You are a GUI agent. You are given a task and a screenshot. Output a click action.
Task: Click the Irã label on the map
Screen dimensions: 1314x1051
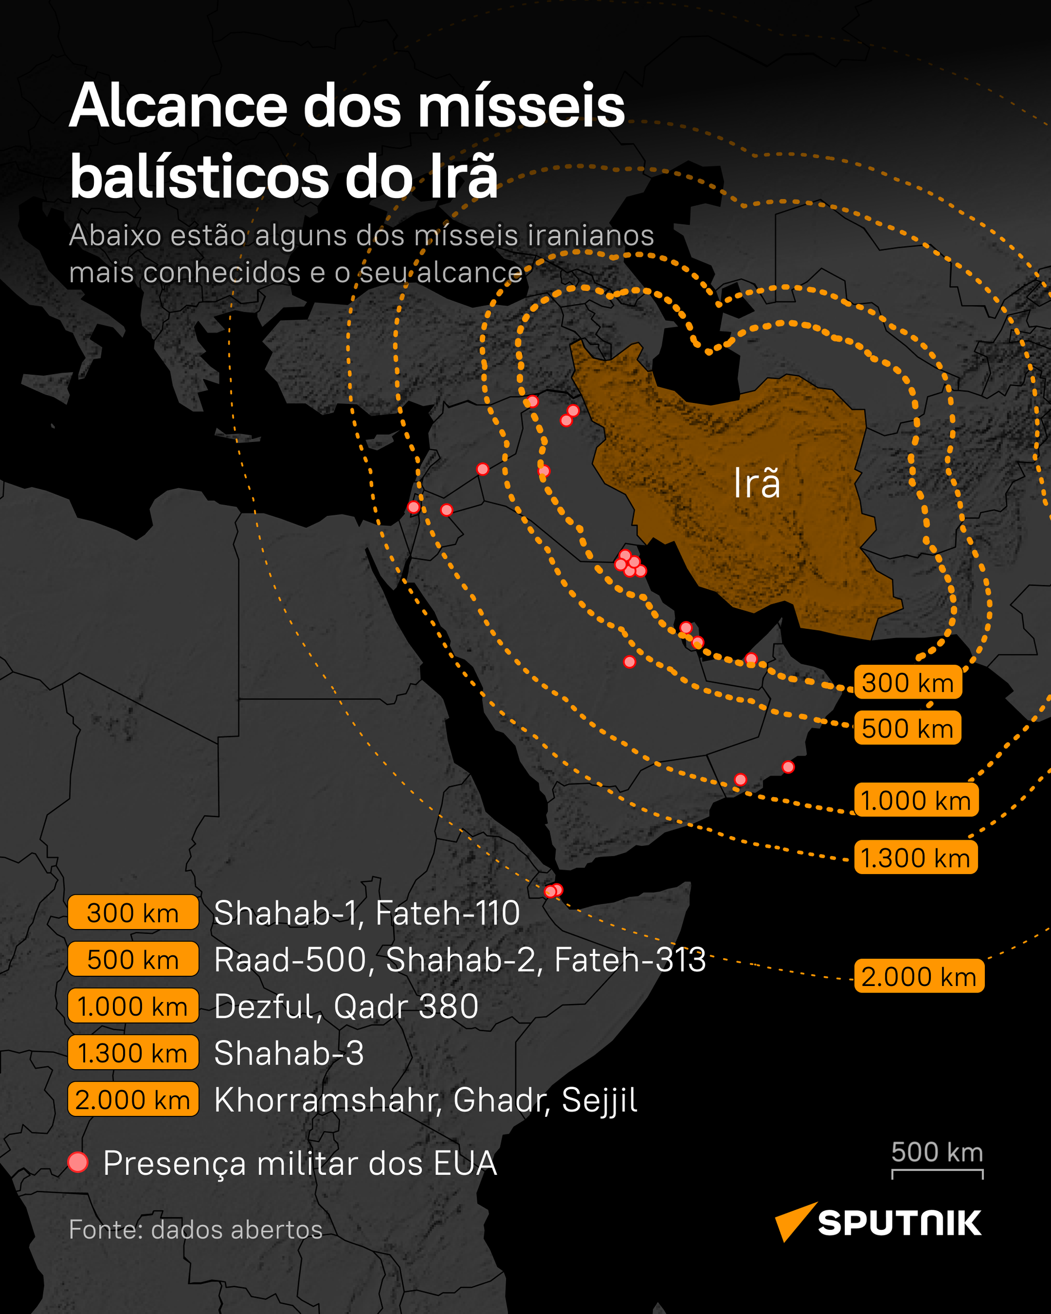pyautogui.click(x=756, y=484)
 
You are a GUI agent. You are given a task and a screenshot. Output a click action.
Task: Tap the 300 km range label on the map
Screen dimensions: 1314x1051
pyautogui.click(x=907, y=683)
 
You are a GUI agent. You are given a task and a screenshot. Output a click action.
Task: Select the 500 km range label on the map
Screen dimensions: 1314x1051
pyautogui.click(x=907, y=728)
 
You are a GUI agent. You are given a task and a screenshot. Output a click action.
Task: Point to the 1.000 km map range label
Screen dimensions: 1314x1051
pyautogui.click(x=916, y=800)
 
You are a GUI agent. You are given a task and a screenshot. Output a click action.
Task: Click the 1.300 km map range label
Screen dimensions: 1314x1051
pyautogui.click(x=915, y=858)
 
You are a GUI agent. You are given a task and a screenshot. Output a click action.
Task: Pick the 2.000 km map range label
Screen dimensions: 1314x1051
pyautogui.click(x=919, y=976)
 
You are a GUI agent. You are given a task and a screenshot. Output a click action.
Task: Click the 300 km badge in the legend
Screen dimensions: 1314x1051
pyautogui.click(x=133, y=913)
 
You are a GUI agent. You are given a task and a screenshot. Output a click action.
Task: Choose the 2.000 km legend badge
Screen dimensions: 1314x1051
pyautogui.click(x=133, y=1100)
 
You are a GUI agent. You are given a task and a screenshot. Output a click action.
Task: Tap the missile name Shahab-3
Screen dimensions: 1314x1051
pyautogui.click(x=289, y=1053)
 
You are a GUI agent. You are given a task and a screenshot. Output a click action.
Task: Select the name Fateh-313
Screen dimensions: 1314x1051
pyautogui.click(x=630, y=960)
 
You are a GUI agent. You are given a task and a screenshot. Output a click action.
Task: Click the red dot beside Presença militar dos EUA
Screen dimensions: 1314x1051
pyautogui.click(x=78, y=1162)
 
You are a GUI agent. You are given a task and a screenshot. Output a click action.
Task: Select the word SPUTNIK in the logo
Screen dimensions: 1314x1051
pyautogui.click(x=899, y=1223)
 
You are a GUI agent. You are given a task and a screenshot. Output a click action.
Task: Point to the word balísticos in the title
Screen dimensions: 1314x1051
pyautogui.click(x=199, y=177)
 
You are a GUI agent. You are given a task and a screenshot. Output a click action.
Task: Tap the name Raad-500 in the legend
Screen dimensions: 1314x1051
pyautogui.click(x=289, y=960)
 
